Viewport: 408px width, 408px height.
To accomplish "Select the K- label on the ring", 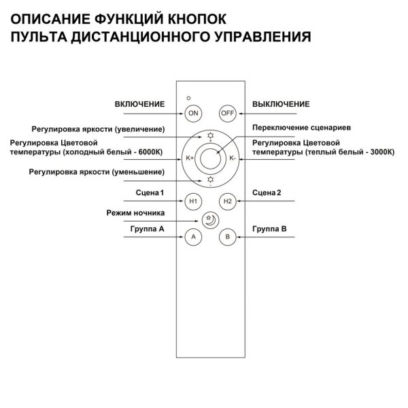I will [233, 158].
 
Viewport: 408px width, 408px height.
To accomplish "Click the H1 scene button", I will [193, 201].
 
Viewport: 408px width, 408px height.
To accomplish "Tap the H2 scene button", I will [227, 201].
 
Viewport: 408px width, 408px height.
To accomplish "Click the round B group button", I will [227, 237].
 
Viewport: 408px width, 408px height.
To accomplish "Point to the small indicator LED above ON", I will [189, 99].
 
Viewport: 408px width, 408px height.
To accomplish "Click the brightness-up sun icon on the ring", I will [210, 136].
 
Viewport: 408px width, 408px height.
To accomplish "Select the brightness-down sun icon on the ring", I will [210, 180].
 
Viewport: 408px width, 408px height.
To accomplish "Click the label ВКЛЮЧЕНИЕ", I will [139, 104].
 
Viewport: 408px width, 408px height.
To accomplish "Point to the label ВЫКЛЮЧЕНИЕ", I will [281, 104].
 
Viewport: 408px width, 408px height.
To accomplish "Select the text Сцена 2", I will [266, 193].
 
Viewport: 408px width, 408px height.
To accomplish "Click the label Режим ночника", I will [136, 212].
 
